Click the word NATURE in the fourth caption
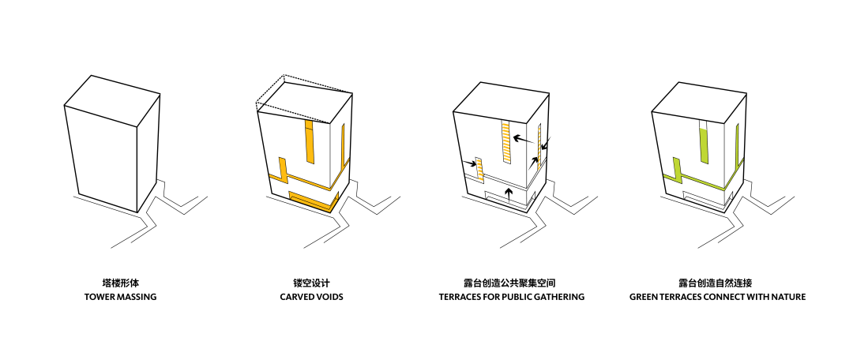(787, 298)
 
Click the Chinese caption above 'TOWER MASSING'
(121, 282)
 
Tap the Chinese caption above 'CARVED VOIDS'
(311, 282)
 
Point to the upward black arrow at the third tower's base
(509, 194)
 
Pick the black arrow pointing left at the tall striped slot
(521, 139)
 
